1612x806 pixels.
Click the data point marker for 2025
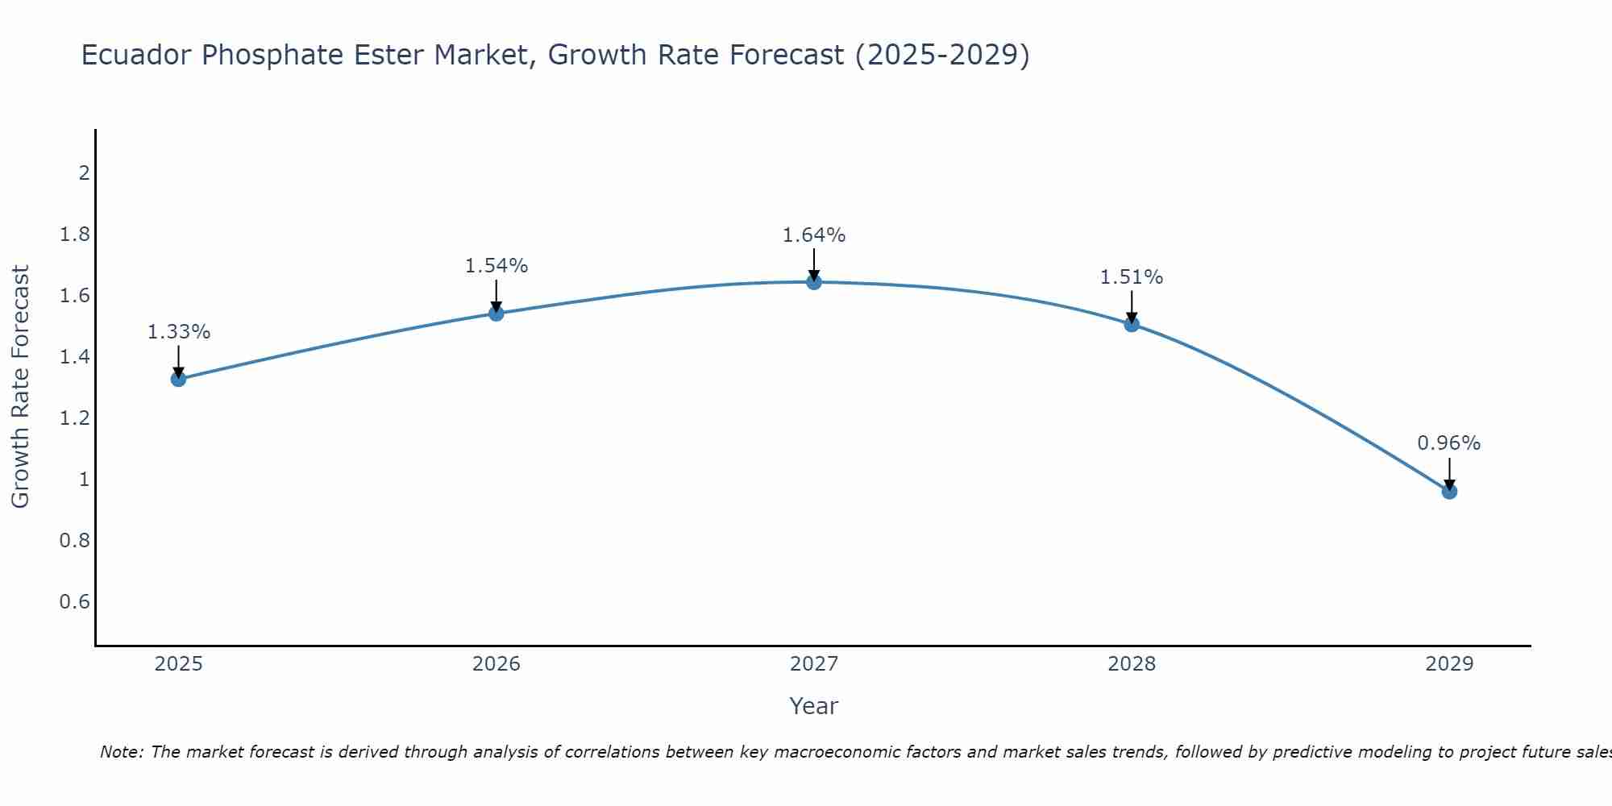(178, 379)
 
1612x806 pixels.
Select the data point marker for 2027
(814, 282)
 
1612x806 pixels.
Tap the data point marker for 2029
(1449, 492)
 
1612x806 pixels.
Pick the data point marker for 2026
(496, 313)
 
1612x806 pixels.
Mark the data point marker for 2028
(1132, 324)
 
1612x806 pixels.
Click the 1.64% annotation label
(814, 235)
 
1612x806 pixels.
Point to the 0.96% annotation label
(1448, 443)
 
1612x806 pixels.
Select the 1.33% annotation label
(179, 332)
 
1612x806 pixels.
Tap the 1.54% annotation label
(496, 266)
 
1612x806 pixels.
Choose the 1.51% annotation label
(1132, 277)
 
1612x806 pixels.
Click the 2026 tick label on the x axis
(496, 664)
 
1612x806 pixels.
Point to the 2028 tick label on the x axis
(1132, 664)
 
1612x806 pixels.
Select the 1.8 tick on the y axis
(74, 235)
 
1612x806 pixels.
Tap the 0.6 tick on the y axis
(74, 602)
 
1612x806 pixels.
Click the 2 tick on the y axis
(83, 173)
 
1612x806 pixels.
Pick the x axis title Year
(814, 706)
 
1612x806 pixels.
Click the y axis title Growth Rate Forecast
(20, 387)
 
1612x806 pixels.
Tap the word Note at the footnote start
(121, 752)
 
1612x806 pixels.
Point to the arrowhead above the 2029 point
(1449, 485)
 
